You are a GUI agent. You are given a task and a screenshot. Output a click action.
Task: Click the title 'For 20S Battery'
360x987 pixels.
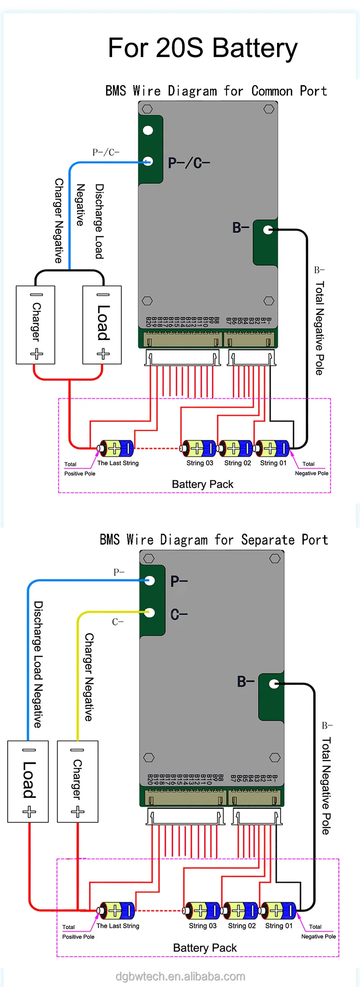(202, 48)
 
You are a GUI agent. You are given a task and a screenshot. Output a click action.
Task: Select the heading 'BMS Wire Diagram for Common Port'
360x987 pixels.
(216, 91)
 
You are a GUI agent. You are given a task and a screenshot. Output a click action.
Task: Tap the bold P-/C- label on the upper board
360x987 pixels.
(189, 163)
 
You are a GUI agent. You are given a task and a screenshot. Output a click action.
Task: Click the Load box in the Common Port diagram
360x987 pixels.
(102, 324)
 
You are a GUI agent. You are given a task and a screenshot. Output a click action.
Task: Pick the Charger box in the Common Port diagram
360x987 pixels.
(36, 324)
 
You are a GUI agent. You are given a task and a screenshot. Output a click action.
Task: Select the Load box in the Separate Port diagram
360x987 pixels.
(28, 781)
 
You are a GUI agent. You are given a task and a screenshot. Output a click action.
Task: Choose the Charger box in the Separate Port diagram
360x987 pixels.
(77, 781)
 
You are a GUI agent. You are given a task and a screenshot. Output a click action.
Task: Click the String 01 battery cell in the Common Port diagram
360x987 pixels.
(272, 448)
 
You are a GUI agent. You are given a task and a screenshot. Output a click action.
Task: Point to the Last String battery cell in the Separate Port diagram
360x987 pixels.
(117, 910)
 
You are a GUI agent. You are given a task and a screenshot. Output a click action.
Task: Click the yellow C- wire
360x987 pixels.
(78, 674)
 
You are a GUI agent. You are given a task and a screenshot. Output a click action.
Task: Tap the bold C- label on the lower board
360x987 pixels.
(179, 615)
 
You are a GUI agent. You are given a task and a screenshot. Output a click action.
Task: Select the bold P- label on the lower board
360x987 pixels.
(179, 581)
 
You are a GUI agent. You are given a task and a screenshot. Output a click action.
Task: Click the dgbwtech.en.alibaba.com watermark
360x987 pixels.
(180, 976)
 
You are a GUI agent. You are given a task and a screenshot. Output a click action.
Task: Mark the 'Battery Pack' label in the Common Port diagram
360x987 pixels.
(202, 484)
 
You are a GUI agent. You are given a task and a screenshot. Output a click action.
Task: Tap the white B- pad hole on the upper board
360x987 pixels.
(268, 230)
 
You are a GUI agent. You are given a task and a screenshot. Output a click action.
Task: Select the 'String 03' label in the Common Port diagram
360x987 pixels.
(200, 463)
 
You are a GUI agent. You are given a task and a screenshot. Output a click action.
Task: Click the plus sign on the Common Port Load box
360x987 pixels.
(103, 354)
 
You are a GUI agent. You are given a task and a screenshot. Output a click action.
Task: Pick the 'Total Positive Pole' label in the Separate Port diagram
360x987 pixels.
(78, 932)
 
